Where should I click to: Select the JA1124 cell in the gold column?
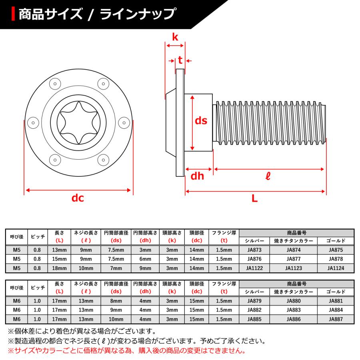[336, 268]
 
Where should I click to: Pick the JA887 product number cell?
[336, 319]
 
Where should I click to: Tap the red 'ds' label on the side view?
[201, 121]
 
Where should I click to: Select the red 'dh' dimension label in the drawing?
[197, 176]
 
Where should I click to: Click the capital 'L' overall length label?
[254, 198]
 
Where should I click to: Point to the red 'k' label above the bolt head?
[175, 37]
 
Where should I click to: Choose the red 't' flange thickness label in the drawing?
[180, 60]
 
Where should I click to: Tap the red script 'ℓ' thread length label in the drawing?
[268, 176]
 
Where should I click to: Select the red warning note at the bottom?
[126, 351]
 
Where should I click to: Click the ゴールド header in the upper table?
[336, 241]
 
